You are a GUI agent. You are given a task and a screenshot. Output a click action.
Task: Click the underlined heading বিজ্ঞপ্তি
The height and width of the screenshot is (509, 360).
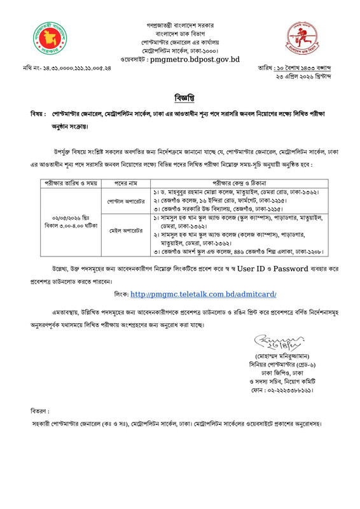(x=179, y=99)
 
